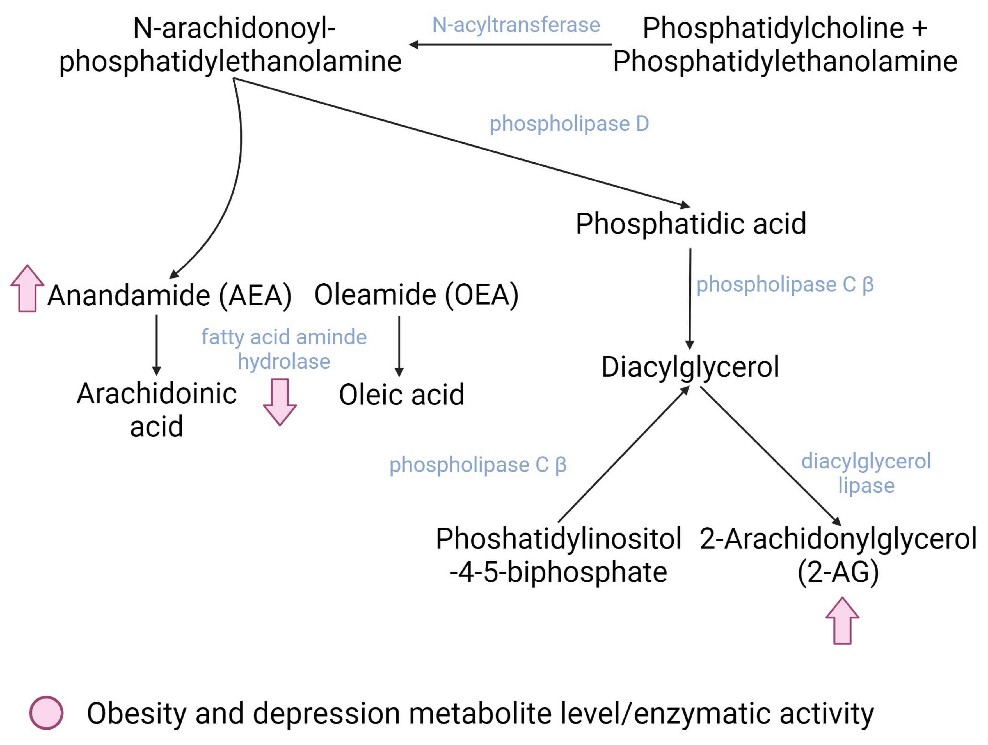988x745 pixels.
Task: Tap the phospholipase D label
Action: click(x=569, y=124)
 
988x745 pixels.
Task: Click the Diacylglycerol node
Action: click(x=690, y=367)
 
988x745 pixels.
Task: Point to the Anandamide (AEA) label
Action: click(x=170, y=295)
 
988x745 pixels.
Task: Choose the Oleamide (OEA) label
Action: click(x=416, y=295)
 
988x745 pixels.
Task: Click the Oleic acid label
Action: click(x=402, y=395)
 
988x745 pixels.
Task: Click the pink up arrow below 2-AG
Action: click(x=842, y=621)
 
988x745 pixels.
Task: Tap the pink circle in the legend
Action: click(x=46, y=713)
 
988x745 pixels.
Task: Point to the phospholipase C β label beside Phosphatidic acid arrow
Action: click(x=785, y=285)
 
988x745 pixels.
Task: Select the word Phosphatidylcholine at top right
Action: click(x=773, y=28)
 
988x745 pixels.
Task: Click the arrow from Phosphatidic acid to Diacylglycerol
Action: click(x=690, y=299)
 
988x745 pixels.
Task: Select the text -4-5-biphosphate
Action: click(x=558, y=572)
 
